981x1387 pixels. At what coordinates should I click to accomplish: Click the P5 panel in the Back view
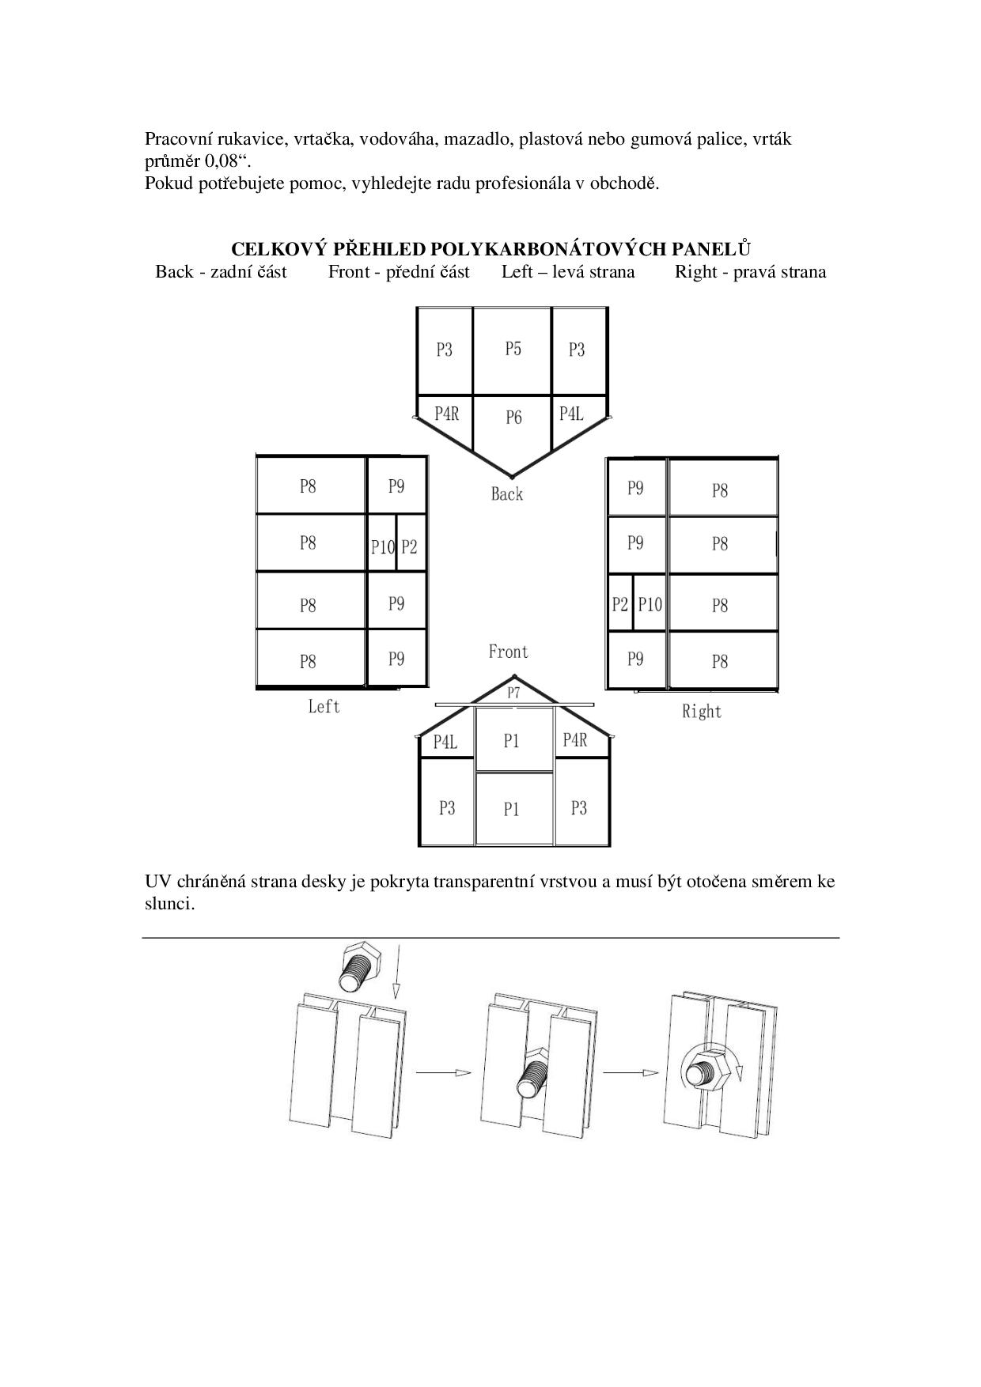coord(513,350)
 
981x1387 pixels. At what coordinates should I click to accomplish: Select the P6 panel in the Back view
coord(513,419)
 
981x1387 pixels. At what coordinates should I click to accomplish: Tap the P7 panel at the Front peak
coord(513,693)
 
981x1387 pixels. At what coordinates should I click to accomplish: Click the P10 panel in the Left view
coord(382,546)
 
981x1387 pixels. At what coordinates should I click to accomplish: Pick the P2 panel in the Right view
coord(619,605)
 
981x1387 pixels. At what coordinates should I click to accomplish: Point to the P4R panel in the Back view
coord(446,414)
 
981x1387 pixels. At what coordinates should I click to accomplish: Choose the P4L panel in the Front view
coord(445,743)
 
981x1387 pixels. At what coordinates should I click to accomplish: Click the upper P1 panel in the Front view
coord(511,741)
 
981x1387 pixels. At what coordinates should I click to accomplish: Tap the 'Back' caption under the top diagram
coord(507,494)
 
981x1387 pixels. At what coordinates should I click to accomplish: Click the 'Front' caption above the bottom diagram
coord(508,652)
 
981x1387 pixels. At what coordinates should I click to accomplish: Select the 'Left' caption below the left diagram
coord(324,706)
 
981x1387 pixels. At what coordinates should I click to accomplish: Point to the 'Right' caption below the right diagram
coord(702,712)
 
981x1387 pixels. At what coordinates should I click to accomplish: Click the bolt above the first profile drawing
coord(360,968)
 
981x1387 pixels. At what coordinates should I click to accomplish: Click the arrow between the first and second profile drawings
coord(443,1073)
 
